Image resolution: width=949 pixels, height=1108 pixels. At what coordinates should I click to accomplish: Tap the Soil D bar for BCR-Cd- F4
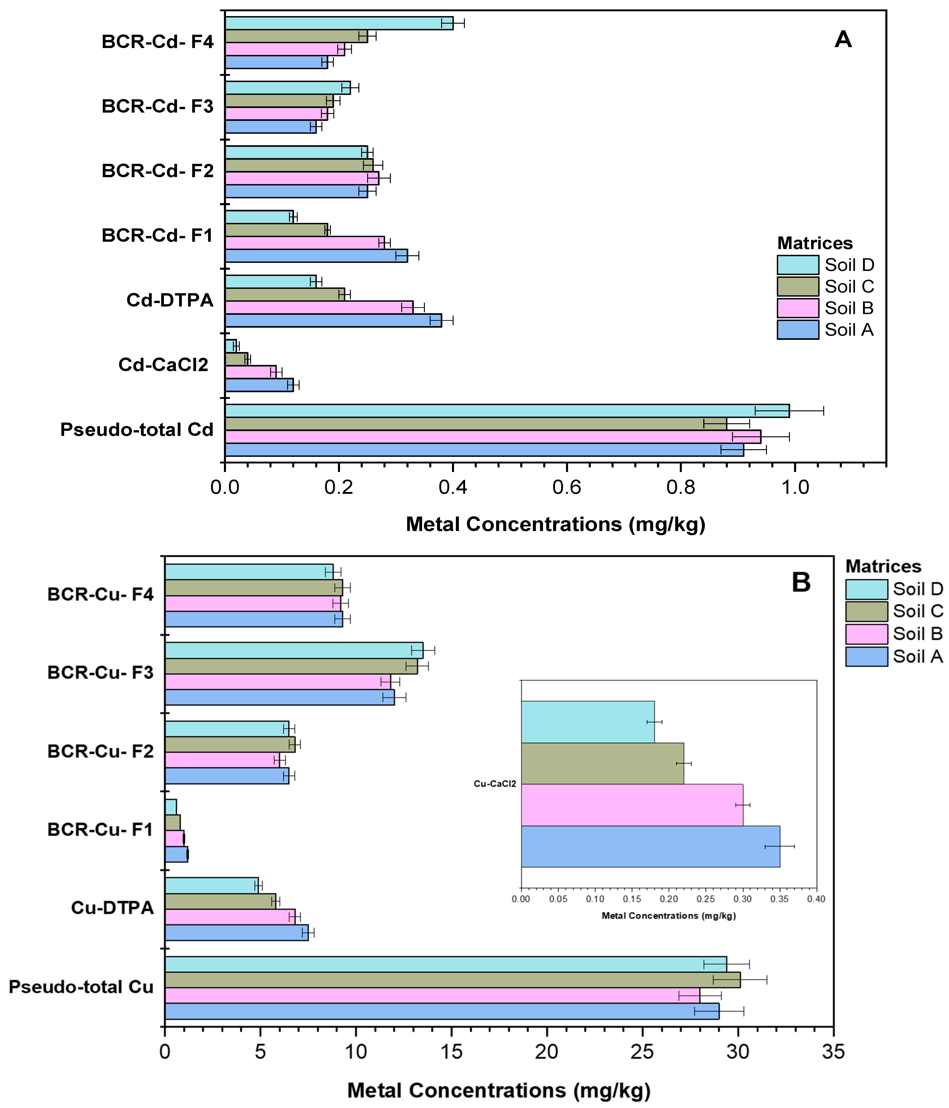coord(339,23)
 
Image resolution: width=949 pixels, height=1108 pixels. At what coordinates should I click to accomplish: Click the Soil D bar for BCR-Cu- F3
coord(294,650)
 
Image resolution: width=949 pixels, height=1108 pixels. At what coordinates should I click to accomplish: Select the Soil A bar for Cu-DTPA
coord(237,933)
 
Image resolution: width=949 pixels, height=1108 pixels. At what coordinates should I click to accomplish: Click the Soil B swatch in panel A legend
coord(798,308)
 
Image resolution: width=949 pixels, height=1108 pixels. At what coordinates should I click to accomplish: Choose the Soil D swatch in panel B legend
coord(866,589)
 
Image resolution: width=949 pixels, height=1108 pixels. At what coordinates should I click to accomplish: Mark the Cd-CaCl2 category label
coord(163,365)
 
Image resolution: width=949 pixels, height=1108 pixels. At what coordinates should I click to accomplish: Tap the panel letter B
coord(801,582)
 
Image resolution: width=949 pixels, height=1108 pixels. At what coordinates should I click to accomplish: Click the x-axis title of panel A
coord(555,524)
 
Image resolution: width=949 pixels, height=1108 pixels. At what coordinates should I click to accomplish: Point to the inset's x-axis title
coord(669,915)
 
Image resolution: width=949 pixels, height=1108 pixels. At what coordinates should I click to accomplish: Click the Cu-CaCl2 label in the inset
coord(495,784)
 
